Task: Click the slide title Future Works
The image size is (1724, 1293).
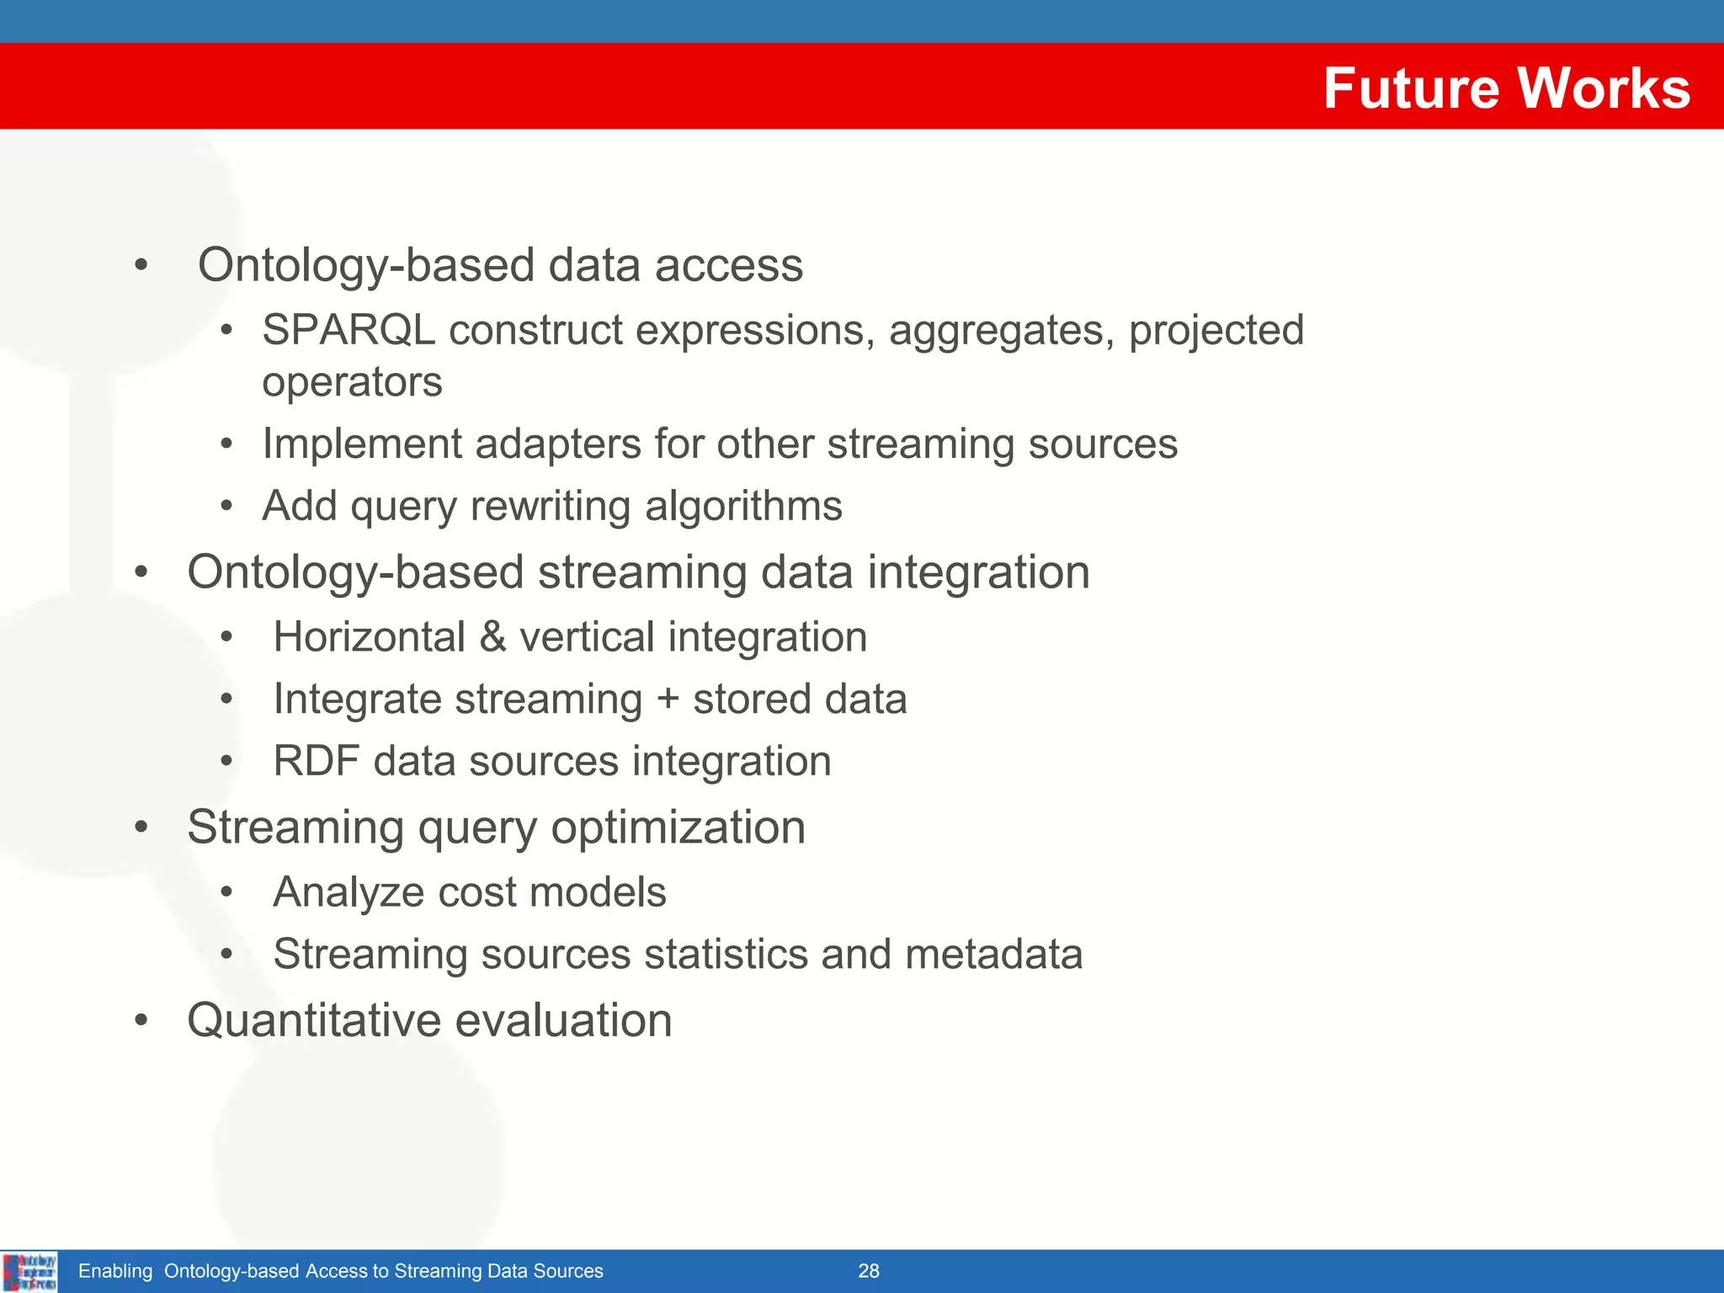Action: point(1506,88)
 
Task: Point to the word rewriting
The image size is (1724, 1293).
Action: point(551,506)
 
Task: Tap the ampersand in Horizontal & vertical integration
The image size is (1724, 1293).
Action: point(492,636)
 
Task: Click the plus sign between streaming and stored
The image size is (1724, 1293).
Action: point(668,700)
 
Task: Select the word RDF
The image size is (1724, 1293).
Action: point(317,761)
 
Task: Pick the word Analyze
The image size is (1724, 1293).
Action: point(349,892)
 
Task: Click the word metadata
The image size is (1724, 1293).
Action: point(993,954)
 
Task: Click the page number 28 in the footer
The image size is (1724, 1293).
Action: point(869,1271)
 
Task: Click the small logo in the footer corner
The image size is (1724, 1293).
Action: point(29,1271)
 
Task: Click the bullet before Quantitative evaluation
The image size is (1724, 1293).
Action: point(141,1020)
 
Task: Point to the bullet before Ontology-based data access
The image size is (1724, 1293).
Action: point(141,265)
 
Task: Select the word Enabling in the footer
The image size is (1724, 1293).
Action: point(115,1271)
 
